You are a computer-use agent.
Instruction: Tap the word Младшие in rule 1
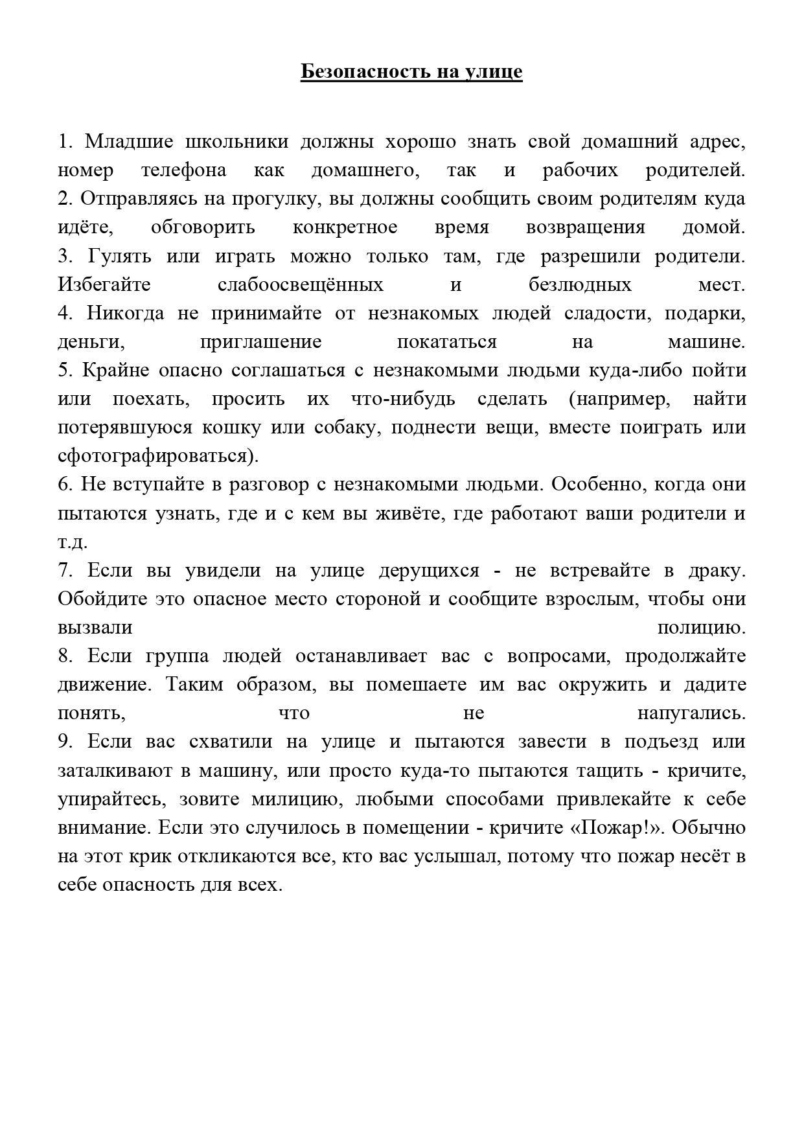click(x=129, y=141)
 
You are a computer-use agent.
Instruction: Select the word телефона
click(x=184, y=170)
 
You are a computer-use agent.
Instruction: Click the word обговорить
click(x=203, y=227)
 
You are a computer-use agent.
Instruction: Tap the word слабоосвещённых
click(x=301, y=284)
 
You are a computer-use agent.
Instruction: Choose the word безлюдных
click(x=580, y=284)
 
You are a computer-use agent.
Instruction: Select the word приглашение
click(x=261, y=341)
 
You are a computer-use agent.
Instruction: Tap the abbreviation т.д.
click(x=73, y=542)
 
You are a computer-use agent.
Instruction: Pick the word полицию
click(x=701, y=627)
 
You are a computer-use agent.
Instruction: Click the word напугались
click(x=691, y=713)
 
